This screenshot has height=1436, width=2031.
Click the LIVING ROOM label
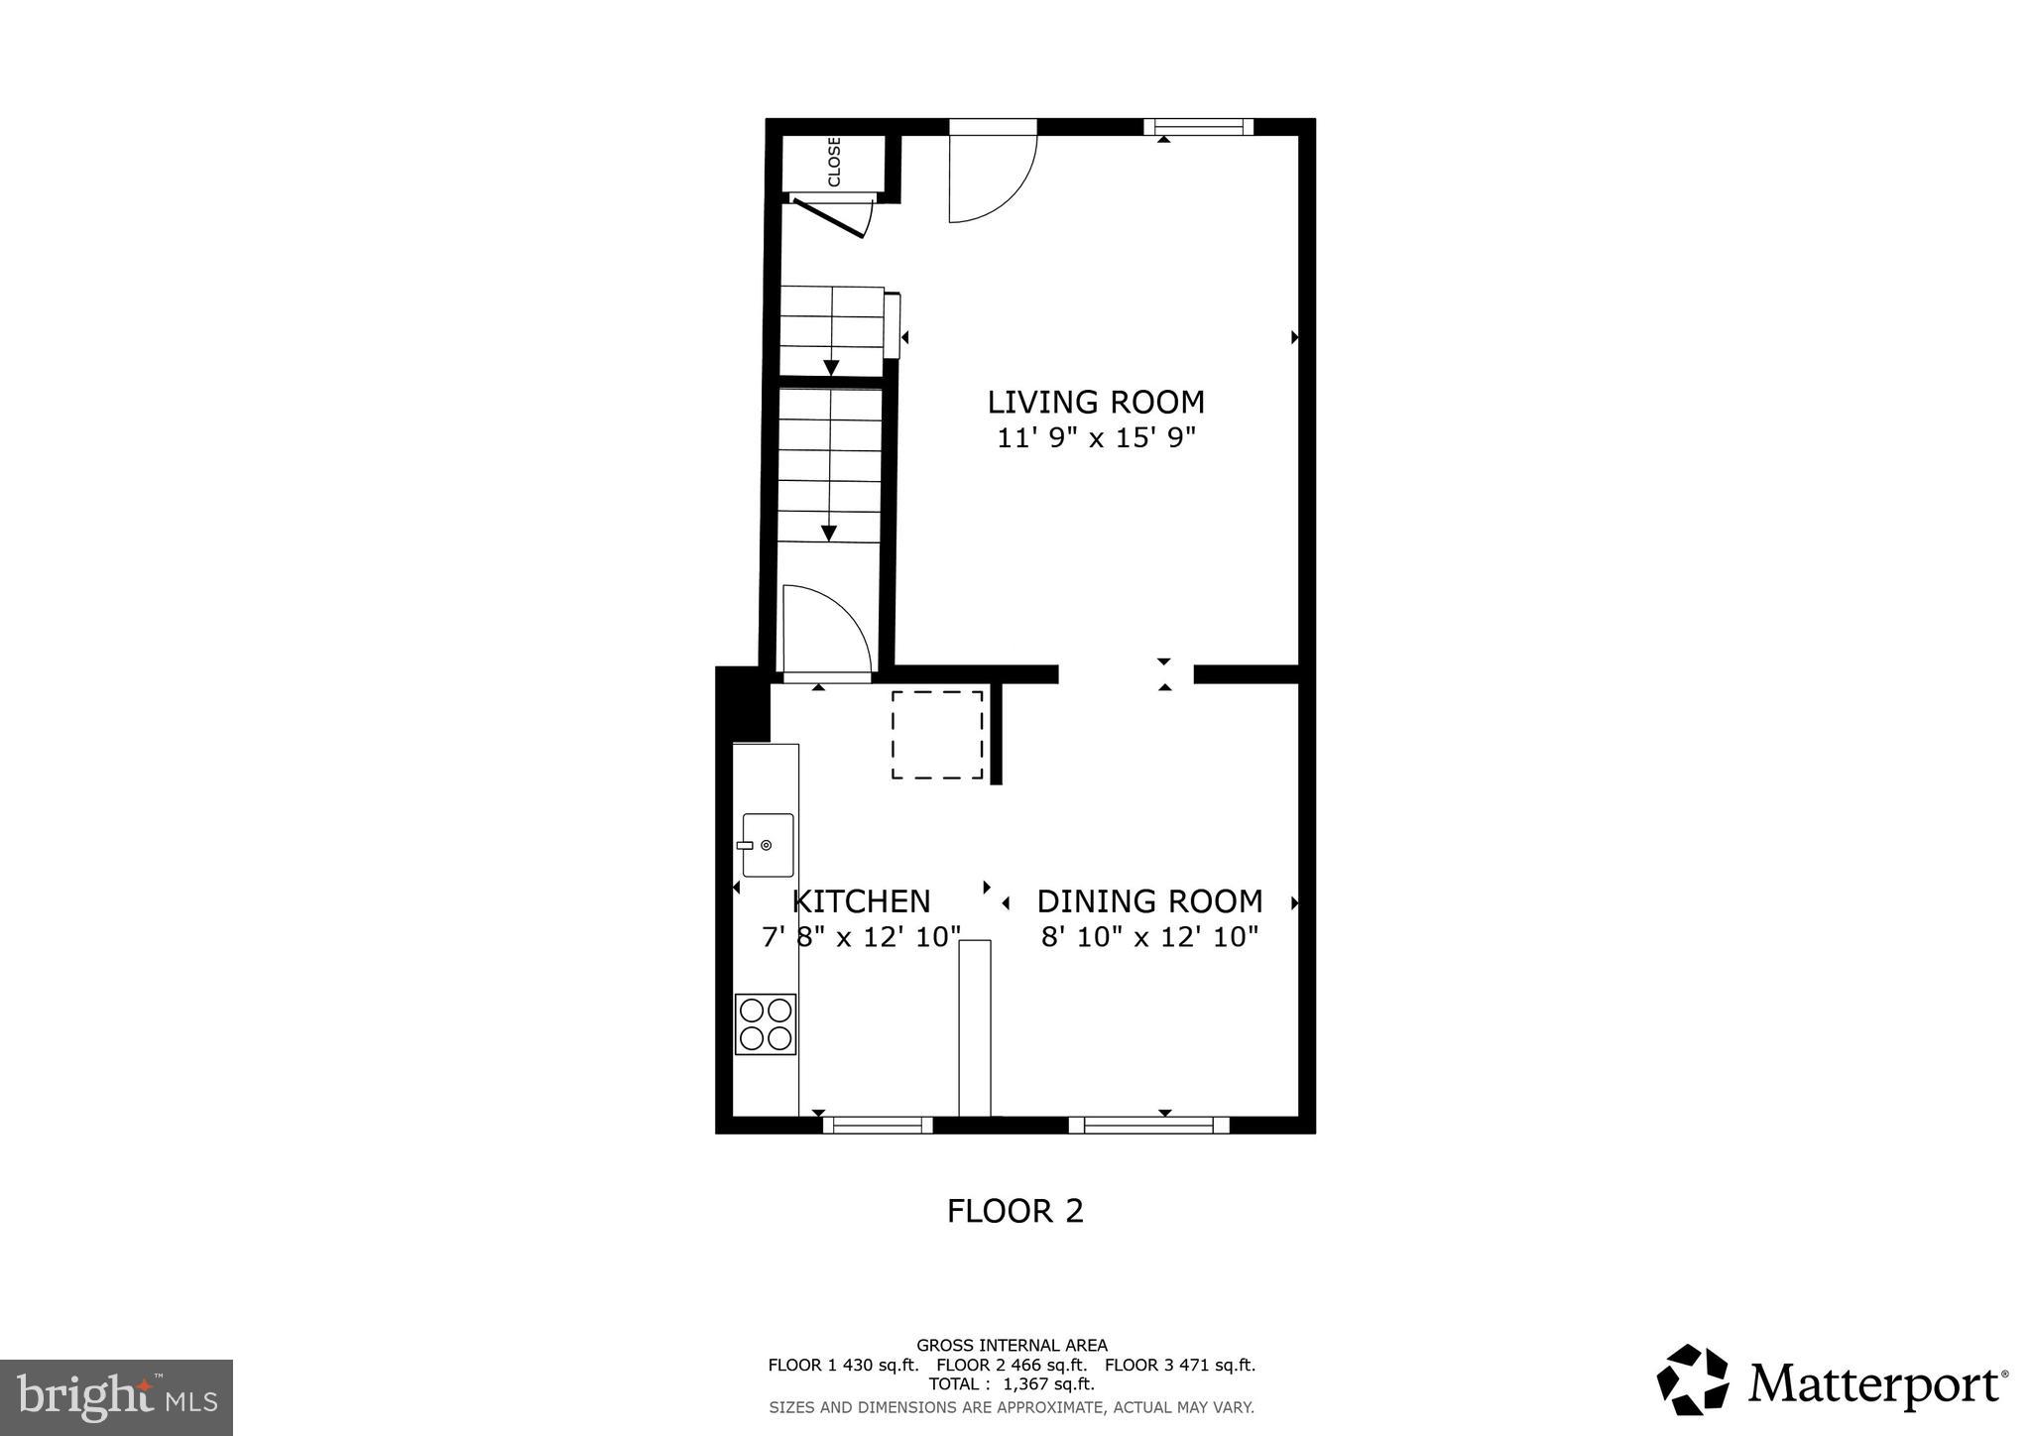[x=1096, y=403]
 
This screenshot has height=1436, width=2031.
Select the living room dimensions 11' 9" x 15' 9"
[x=1096, y=438]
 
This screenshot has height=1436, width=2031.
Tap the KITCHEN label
[x=862, y=901]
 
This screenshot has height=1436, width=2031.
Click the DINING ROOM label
[x=1149, y=901]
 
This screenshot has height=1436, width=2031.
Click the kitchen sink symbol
[x=768, y=845]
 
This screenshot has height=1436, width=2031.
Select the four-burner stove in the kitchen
[x=766, y=1024]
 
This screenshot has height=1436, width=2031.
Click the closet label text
[x=834, y=162]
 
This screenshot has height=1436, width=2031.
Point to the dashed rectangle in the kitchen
[x=937, y=735]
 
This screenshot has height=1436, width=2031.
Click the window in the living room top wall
[x=1198, y=127]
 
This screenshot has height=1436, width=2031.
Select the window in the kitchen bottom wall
[x=878, y=1125]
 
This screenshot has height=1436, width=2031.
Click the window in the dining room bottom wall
[x=1148, y=1125]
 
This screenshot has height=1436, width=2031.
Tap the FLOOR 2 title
[x=1015, y=1211]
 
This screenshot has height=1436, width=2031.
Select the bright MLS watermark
[x=116, y=1397]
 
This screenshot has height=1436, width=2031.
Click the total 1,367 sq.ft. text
[x=1012, y=1383]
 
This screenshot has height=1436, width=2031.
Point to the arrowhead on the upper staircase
[x=831, y=368]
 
